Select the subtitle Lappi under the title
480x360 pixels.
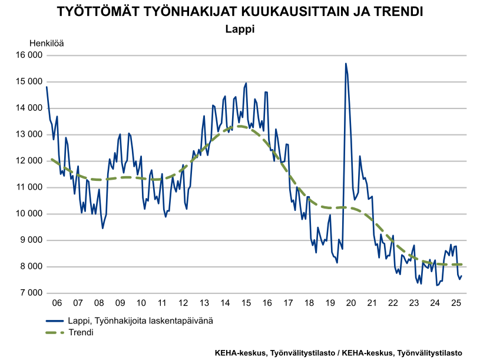(x=240, y=28)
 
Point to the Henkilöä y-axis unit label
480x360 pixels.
(x=47, y=42)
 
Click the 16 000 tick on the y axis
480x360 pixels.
(x=29, y=55)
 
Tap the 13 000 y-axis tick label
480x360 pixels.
(x=29, y=134)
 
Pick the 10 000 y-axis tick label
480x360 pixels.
(x=29, y=214)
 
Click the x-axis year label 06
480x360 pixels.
(x=57, y=303)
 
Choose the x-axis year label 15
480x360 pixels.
(x=246, y=303)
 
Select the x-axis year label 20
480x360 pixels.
(x=351, y=303)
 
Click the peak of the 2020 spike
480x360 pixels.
(x=346, y=63)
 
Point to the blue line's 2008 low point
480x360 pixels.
(x=102, y=228)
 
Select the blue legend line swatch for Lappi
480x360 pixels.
(x=56, y=321)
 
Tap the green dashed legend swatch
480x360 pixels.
(x=56, y=332)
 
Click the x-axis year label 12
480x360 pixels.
(x=183, y=303)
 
